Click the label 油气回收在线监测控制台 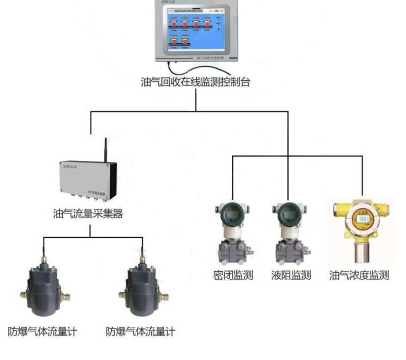(195, 82)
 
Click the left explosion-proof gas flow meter (44, 289)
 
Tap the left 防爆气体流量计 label (42, 331)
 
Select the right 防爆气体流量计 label (140, 331)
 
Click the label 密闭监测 (233, 275)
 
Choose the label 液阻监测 (291, 275)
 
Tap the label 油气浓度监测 (360, 275)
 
